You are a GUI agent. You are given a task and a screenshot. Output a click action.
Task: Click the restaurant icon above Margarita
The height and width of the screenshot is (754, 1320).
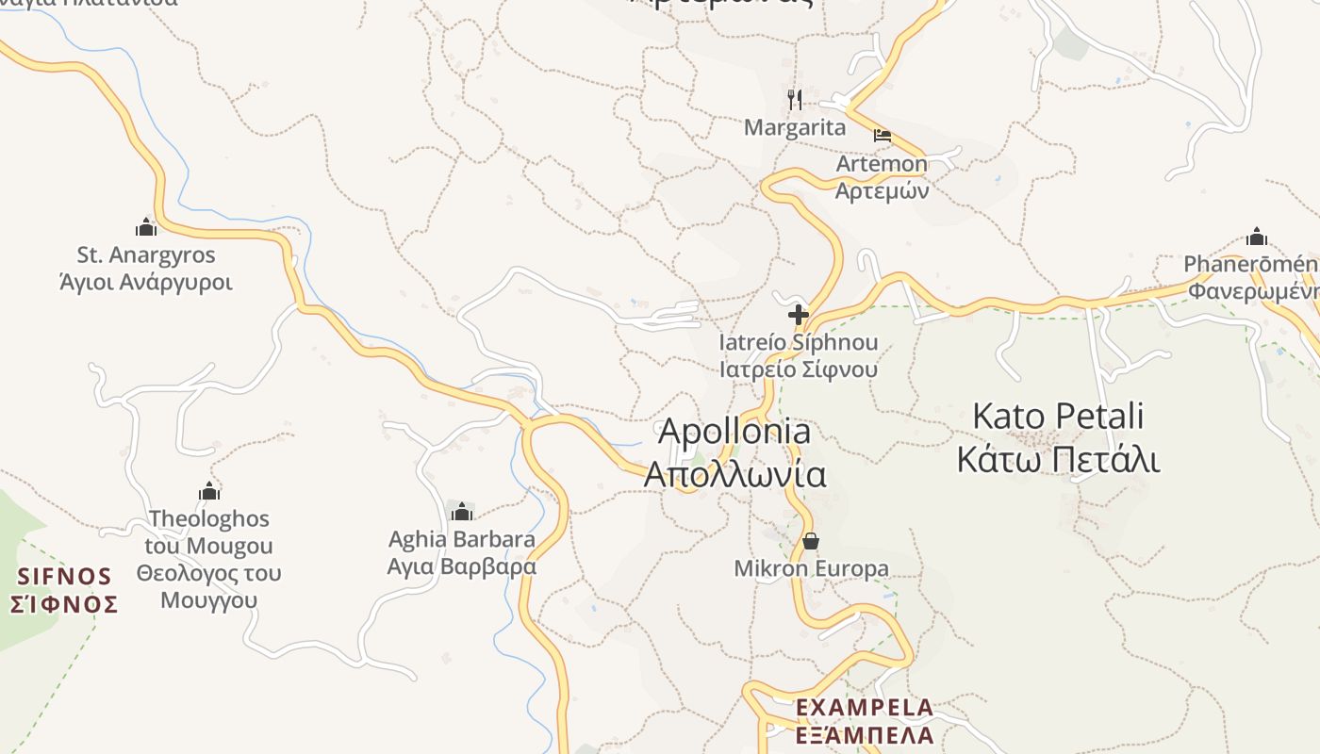[x=795, y=99]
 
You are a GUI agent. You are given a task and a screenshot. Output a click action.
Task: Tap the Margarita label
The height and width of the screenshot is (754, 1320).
[x=795, y=127]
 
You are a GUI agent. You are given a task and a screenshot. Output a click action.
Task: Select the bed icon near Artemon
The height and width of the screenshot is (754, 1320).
[x=883, y=136]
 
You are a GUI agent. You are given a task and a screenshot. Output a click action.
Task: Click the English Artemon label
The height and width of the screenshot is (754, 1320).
[x=882, y=164]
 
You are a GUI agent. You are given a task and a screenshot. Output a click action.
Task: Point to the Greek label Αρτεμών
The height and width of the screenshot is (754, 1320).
[x=882, y=190]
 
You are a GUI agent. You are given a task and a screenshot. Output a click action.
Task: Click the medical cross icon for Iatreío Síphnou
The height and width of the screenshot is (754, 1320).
[x=799, y=315]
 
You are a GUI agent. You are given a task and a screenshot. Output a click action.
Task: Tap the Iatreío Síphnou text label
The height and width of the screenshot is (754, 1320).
[x=799, y=342]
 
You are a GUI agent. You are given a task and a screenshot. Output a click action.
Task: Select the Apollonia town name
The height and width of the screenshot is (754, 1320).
[x=734, y=431]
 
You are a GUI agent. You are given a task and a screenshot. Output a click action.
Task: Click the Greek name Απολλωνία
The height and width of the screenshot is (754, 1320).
[x=734, y=474]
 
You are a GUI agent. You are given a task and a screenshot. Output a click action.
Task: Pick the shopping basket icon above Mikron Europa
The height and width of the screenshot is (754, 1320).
[x=810, y=541]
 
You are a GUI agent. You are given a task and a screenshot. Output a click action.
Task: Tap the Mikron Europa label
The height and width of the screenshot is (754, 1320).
[x=811, y=568]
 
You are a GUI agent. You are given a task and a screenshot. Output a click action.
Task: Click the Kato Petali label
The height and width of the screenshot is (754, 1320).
[x=1058, y=416]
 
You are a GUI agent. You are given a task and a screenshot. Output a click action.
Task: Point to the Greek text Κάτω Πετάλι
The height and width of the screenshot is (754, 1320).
[x=1058, y=459]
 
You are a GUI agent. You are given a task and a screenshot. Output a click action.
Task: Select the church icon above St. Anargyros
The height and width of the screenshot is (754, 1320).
[x=146, y=227]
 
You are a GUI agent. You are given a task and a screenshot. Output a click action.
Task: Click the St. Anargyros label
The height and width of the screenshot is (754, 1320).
[x=146, y=255]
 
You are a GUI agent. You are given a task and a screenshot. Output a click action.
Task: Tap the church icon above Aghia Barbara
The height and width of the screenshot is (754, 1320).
[x=462, y=512]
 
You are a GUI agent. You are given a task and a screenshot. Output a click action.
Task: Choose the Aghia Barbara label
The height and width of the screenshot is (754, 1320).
[x=462, y=540]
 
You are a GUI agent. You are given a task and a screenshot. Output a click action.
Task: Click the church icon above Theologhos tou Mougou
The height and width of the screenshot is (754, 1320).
[x=209, y=491]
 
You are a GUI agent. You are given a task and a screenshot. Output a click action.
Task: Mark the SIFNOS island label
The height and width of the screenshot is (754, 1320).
[x=65, y=576]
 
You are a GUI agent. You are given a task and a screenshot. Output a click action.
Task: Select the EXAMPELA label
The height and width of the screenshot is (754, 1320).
[x=865, y=707]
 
